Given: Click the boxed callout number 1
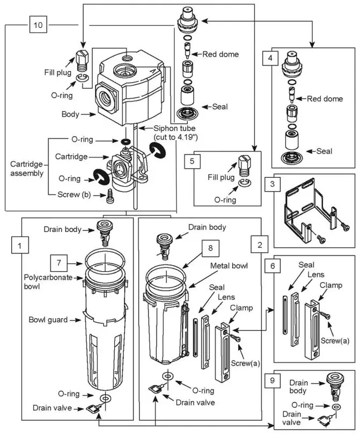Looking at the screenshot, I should point(20,247).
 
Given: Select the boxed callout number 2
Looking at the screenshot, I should point(260,244).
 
